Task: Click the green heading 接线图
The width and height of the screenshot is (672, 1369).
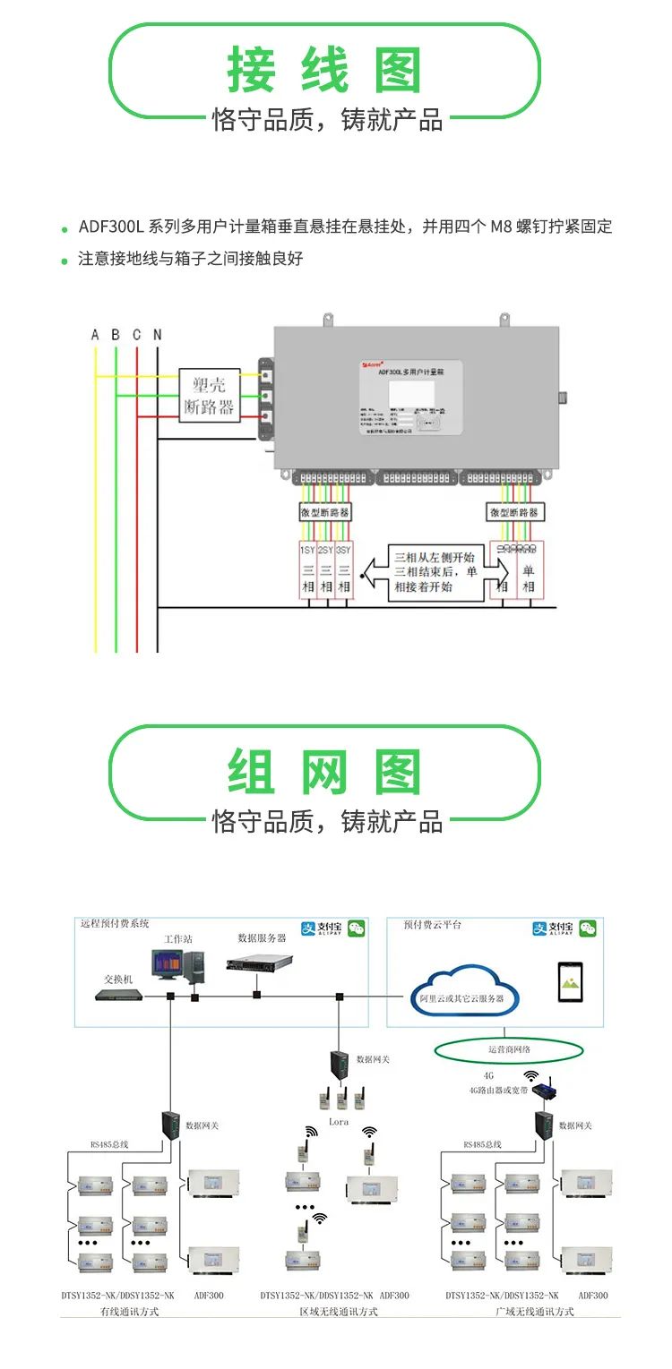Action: tap(324, 71)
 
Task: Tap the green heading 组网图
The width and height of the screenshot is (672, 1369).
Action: tap(324, 773)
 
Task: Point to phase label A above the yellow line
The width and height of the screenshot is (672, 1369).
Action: tap(95, 335)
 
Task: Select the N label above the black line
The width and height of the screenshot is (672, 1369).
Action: tap(158, 335)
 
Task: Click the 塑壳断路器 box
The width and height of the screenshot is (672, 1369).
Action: tap(209, 396)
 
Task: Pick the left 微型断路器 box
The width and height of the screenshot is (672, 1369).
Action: tap(324, 512)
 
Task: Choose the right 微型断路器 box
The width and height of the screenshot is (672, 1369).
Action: tap(514, 512)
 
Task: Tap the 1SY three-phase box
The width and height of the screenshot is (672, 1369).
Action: tap(307, 571)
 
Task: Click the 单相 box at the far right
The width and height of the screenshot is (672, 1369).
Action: tap(529, 571)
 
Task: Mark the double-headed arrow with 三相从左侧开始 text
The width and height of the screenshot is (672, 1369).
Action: tap(435, 571)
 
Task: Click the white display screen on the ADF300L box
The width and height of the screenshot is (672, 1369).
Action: tap(411, 394)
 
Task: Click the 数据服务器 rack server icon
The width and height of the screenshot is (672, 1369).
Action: tap(260, 963)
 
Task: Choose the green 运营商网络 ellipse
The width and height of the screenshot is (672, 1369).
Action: tap(510, 1050)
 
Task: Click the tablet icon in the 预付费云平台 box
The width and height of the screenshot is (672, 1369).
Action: tap(570, 982)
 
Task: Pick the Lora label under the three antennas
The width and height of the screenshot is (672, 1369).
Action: tap(339, 1121)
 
